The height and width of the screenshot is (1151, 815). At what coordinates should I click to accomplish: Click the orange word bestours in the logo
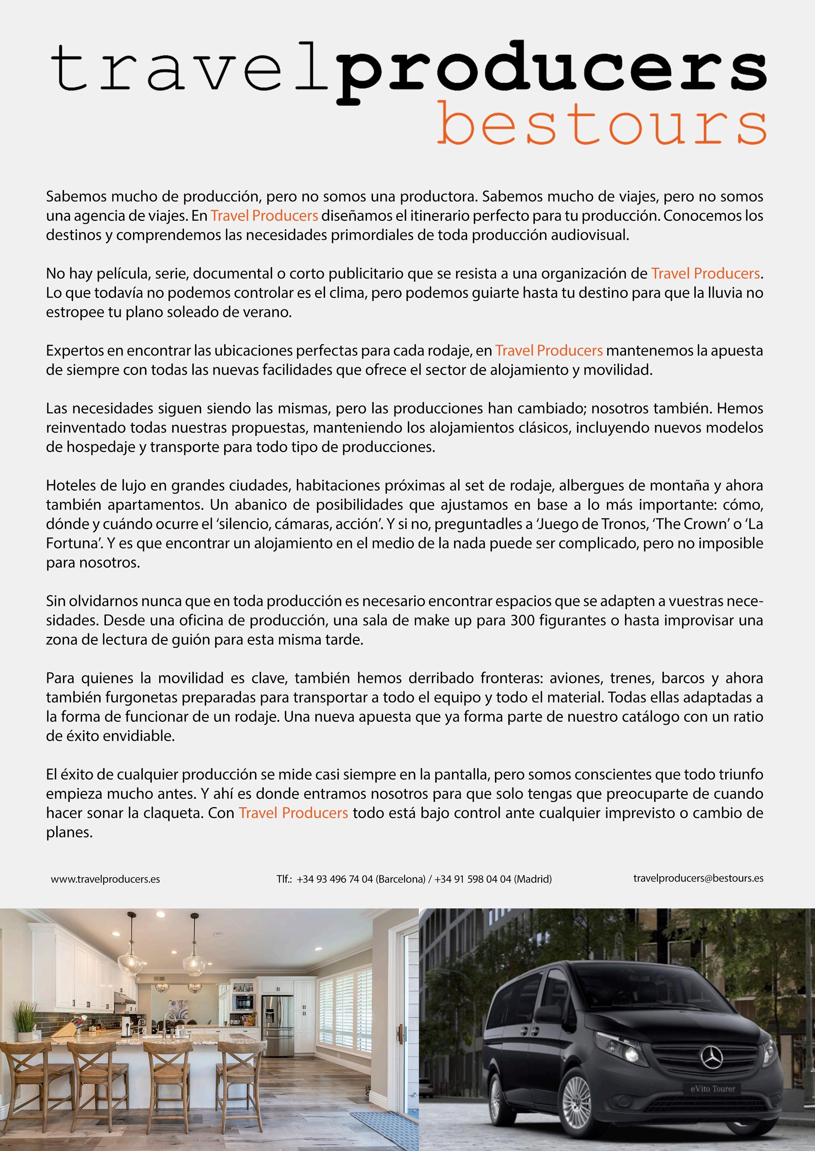click(601, 123)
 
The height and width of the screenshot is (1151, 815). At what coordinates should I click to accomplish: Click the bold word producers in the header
click(552, 70)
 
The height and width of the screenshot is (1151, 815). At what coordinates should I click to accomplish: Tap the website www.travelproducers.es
click(105, 879)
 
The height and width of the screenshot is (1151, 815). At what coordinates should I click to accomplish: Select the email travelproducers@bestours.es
click(698, 878)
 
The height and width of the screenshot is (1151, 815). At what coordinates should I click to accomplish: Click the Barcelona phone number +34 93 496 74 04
click(335, 879)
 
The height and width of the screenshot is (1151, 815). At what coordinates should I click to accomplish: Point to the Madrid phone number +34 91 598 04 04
click(473, 879)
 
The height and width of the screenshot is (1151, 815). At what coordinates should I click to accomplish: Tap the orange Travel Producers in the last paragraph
click(293, 813)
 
